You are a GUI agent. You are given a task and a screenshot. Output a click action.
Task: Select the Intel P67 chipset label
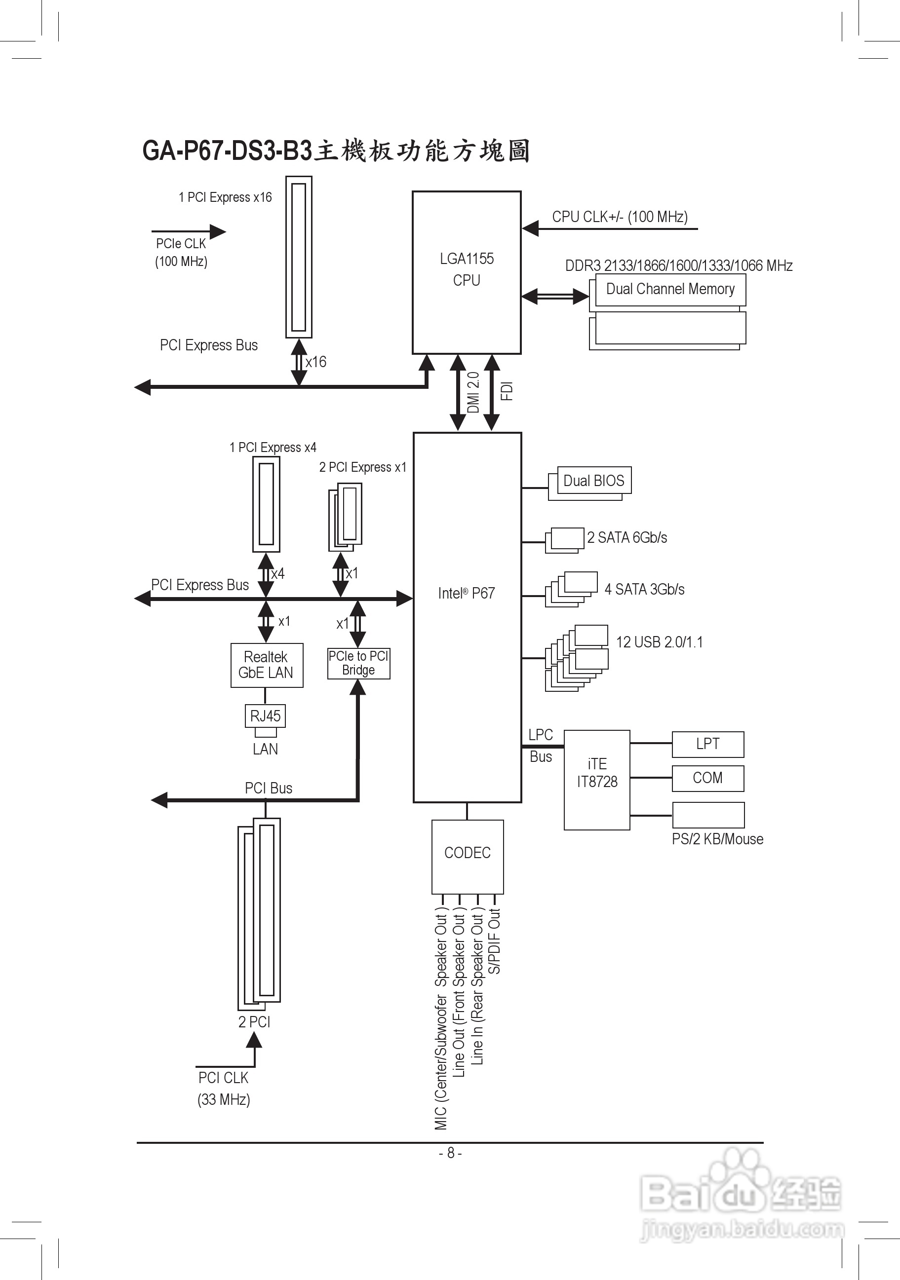(466, 593)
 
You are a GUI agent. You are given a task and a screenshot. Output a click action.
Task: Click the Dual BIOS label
(594, 481)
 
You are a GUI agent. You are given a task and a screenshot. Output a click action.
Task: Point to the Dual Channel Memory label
(670, 289)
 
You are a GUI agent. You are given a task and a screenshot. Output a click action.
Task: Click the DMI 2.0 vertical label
(473, 392)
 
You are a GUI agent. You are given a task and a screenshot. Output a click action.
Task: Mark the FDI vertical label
(507, 391)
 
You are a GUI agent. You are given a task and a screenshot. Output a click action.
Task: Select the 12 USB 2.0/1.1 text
(659, 642)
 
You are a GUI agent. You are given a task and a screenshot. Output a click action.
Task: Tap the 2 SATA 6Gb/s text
(627, 537)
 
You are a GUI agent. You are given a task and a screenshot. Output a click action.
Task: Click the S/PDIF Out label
(495, 941)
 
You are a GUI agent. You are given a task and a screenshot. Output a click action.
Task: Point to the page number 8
(451, 1153)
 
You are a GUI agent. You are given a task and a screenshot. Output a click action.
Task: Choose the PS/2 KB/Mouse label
(717, 839)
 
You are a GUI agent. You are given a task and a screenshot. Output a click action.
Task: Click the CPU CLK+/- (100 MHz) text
(620, 217)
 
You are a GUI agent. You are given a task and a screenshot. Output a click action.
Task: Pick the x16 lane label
(315, 362)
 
